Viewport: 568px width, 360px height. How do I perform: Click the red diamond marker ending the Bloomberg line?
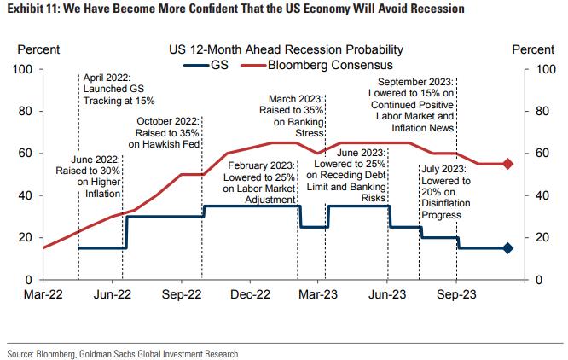pyautogui.click(x=507, y=164)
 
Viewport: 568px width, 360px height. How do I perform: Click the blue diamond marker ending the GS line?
pyautogui.click(x=507, y=248)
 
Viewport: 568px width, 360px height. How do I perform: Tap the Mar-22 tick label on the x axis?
pyautogui.click(x=43, y=296)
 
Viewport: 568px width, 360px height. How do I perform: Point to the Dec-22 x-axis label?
pyautogui.click(x=250, y=296)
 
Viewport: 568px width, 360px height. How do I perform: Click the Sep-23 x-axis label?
pyautogui.click(x=456, y=296)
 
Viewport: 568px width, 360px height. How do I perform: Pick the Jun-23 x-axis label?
pyautogui.click(x=387, y=296)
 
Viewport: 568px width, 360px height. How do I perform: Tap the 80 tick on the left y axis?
pyautogui.click(x=26, y=111)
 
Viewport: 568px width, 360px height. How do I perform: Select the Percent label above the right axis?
pyautogui.click(x=532, y=50)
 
